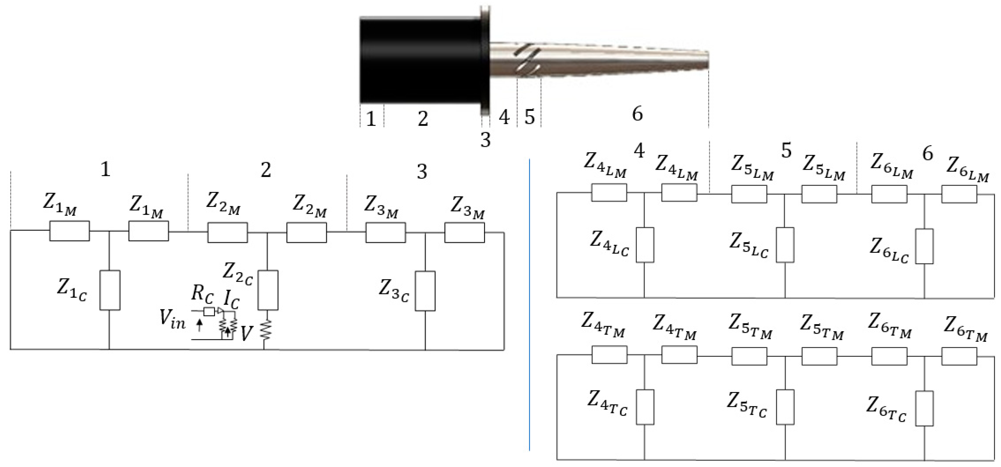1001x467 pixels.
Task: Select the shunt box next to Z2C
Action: (x=268, y=290)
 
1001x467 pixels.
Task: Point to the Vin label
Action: (x=172, y=320)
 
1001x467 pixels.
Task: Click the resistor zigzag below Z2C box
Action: (x=265, y=330)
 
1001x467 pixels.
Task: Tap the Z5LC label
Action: (x=748, y=245)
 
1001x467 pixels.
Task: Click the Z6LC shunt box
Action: (x=924, y=246)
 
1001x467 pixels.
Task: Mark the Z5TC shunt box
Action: (x=785, y=407)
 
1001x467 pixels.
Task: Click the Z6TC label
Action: (x=886, y=410)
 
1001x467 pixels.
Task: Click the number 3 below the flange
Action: (x=485, y=140)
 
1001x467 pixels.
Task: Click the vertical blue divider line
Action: (x=529, y=303)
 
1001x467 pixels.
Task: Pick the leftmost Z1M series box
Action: (x=69, y=231)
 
